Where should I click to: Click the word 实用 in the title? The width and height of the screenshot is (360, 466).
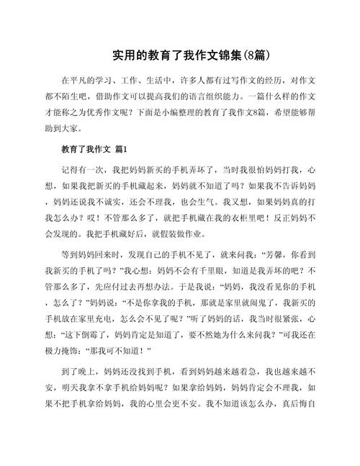(x=122, y=55)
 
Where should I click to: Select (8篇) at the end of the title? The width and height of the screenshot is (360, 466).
(x=256, y=55)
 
